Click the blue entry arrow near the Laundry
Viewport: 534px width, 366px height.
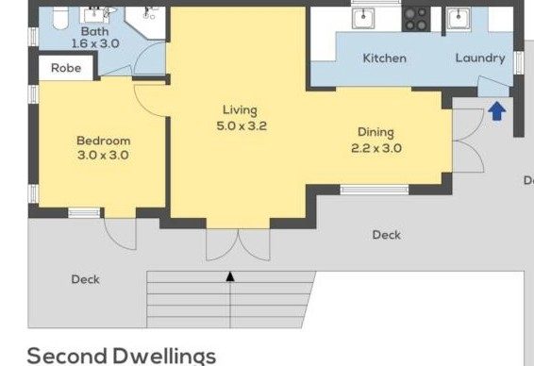[497, 111]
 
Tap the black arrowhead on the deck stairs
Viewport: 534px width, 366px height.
[230, 276]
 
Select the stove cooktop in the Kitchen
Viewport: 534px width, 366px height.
[416, 20]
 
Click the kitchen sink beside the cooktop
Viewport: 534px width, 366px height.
[363, 18]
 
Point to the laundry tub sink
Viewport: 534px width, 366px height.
[459, 18]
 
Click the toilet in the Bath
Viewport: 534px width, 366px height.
[61, 18]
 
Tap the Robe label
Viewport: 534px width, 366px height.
[66, 68]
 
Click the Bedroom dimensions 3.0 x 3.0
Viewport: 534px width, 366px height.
[103, 156]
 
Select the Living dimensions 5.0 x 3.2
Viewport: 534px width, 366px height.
[242, 126]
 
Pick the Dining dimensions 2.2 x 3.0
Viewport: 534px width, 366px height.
[376, 148]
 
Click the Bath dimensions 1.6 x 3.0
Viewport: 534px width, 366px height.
[95, 43]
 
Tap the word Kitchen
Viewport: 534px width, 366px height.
[385, 58]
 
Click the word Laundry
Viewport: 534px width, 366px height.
[480, 58]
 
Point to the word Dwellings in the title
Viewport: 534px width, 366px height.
[164, 357]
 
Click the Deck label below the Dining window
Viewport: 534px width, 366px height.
[387, 235]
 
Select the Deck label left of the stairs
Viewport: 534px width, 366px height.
[86, 279]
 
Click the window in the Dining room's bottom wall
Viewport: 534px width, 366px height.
[375, 190]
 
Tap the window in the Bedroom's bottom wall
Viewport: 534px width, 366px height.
[84, 213]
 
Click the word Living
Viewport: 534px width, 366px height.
[240, 110]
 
